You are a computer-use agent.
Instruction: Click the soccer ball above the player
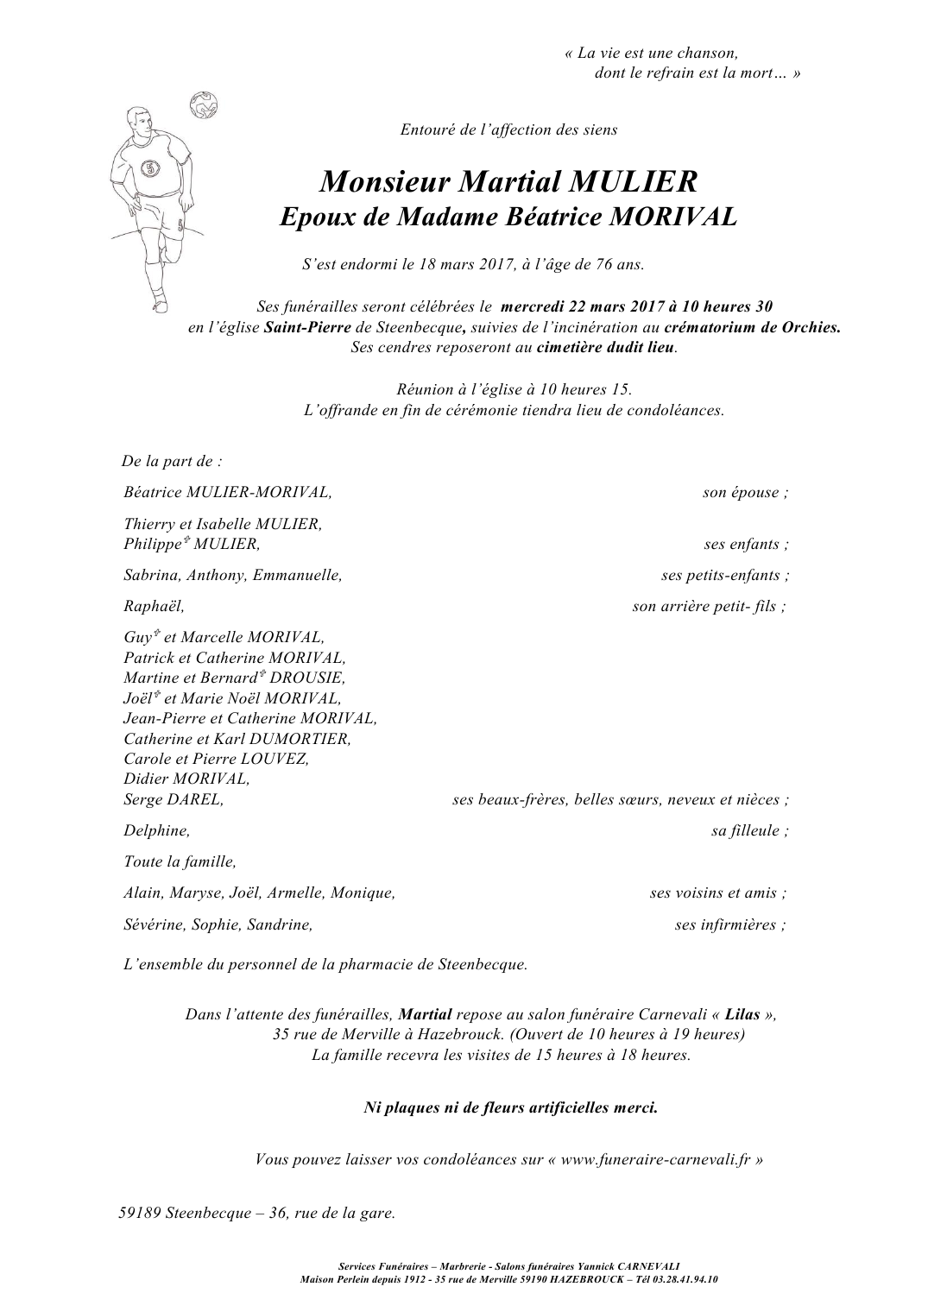click(205, 104)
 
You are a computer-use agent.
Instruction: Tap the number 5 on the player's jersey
click(149, 169)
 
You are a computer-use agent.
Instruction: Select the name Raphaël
click(154, 607)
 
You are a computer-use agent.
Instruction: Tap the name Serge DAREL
click(174, 800)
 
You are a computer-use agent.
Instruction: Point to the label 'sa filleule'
click(748, 831)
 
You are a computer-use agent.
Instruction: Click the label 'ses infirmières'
click(729, 925)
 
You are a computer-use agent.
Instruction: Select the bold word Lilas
click(742, 1015)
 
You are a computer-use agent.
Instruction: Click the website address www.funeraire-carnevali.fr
click(657, 1160)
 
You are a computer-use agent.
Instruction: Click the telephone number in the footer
click(683, 1279)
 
